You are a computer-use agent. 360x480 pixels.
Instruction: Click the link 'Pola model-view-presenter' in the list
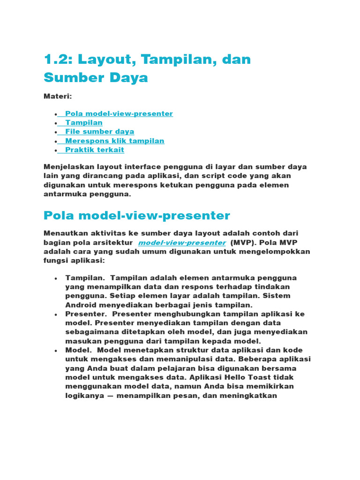pyautogui.click(x=119, y=114)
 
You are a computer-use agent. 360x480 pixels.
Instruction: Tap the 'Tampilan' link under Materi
pyautogui.click(x=84, y=123)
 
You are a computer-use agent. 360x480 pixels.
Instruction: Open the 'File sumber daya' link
pyautogui.click(x=100, y=132)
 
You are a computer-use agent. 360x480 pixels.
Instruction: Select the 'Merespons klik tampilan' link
pyautogui.click(x=115, y=141)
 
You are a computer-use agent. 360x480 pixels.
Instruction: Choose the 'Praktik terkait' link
pyautogui.click(x=95, y=150)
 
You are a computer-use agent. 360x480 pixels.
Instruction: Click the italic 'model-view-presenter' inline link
pyautogui.click(x=182, y=242)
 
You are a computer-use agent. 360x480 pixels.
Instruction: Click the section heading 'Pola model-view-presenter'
pyautogui.click(x=137, y=216)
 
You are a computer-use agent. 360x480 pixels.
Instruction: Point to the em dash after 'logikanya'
pyautogui.click(x=109, y=396)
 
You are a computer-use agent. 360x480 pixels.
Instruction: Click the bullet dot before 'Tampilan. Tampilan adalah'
pyautogui.click(x=56, y=278)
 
